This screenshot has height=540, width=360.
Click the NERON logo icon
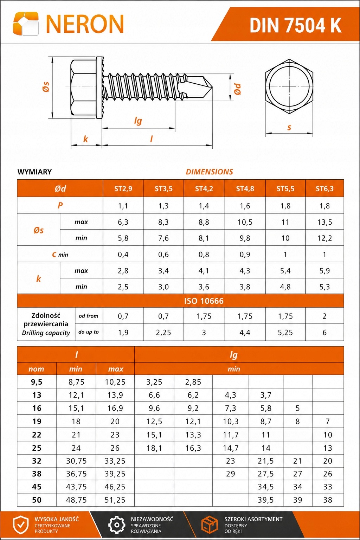(x=26, y=24)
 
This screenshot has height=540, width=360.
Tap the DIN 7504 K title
(x=295, y=26)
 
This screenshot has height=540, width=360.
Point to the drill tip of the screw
(x=212, y=87)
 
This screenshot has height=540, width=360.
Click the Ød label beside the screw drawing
(x=238, y=89)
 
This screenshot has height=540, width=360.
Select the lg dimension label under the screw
(x=138, y=121)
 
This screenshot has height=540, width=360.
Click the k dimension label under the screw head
(x=85, y=139)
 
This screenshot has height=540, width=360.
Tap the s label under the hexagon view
(x=289, y=127)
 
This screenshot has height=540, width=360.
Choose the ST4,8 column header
(x=245, y=188)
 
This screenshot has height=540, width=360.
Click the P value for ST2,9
(x=123, y=206)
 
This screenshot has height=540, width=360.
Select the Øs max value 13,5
(x=324, y=222)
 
